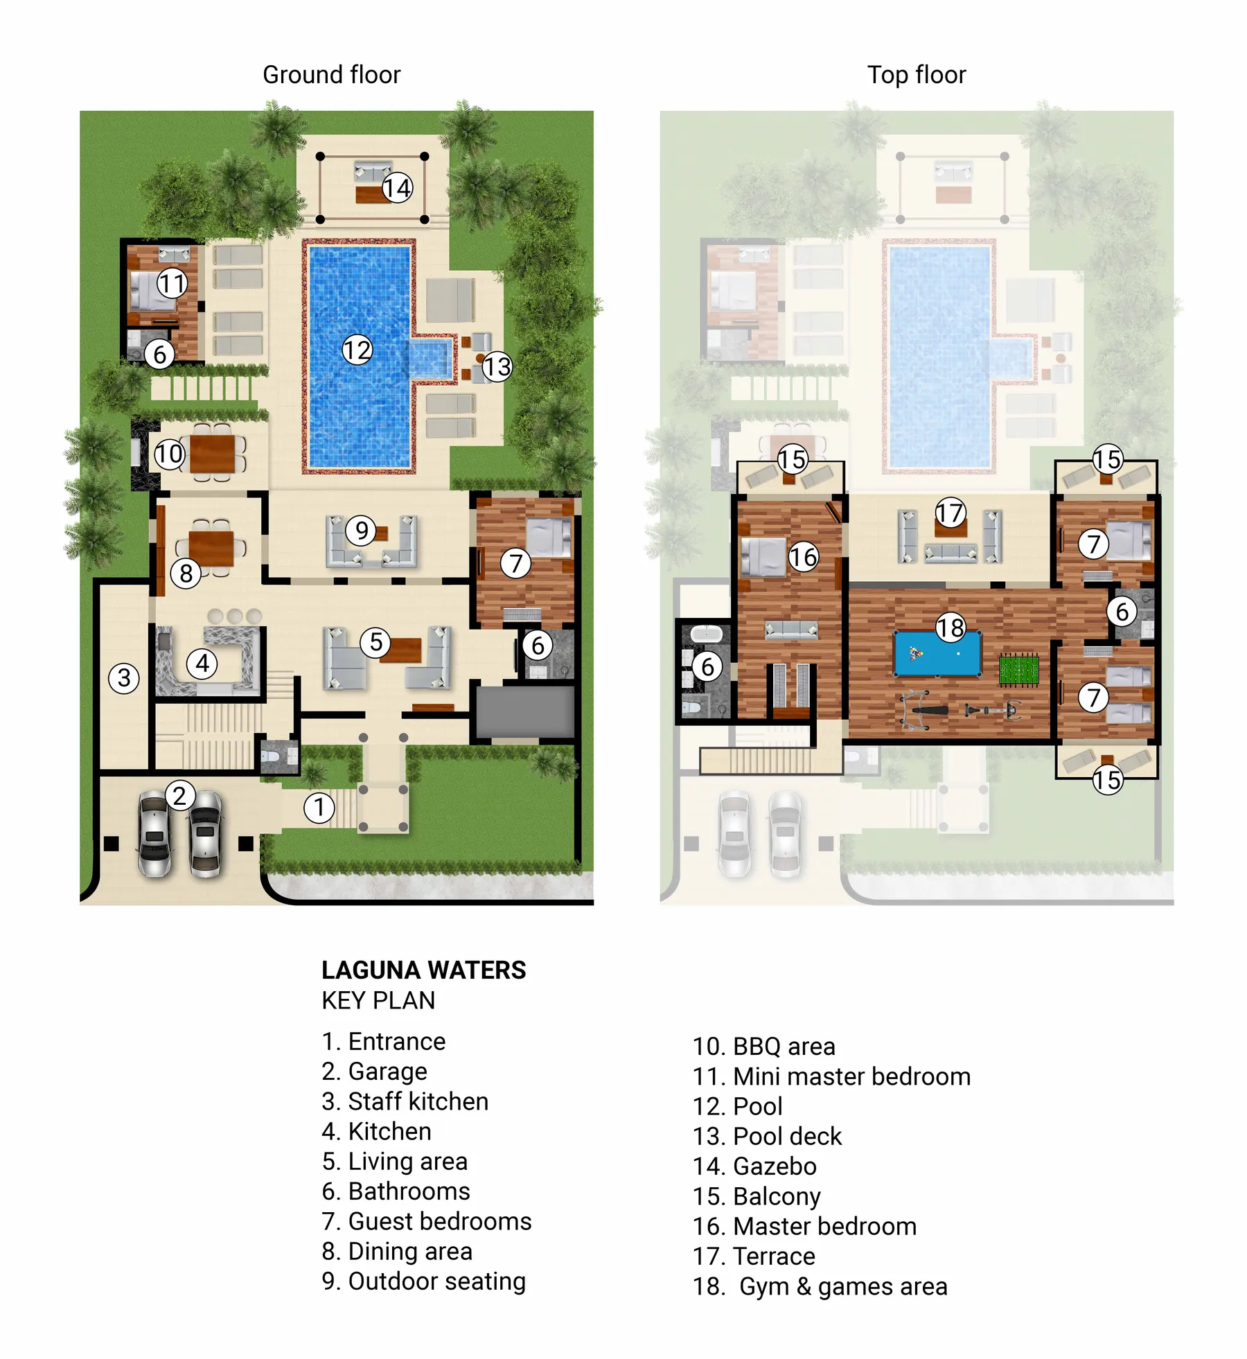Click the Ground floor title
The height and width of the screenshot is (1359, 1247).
coord(331,74)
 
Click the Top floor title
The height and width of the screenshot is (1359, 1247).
coord(916,74)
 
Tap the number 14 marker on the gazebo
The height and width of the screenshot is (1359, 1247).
coord(397,188)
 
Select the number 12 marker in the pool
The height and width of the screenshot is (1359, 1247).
coord(357,350)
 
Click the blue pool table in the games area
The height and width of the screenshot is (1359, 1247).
coord(937,654)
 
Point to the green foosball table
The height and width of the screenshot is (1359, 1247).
coord(1019,670)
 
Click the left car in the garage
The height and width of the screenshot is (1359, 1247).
coord(155,834)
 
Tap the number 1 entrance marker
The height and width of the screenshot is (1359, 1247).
coord(319,808)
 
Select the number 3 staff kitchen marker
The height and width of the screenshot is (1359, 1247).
coord(124,677)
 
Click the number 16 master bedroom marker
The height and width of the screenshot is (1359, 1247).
coord(804,557)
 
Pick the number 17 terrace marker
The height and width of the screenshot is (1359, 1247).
coord(950,513)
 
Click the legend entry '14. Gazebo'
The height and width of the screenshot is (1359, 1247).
coord(754,1166)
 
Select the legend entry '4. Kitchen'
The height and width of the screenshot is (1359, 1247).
coord(376,1131)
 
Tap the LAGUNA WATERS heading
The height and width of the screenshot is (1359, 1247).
coord(423,970)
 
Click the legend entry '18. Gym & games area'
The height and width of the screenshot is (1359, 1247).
coord(820,1286)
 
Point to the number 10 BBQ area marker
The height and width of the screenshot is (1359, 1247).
coord(169,454)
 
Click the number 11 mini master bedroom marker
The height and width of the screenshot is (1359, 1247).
coord(172,283)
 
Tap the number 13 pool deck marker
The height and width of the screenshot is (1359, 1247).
coord(497,366)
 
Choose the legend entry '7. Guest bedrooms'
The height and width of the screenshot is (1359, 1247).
coord(426,1221)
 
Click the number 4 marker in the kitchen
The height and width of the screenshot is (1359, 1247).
coord(202,664)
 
